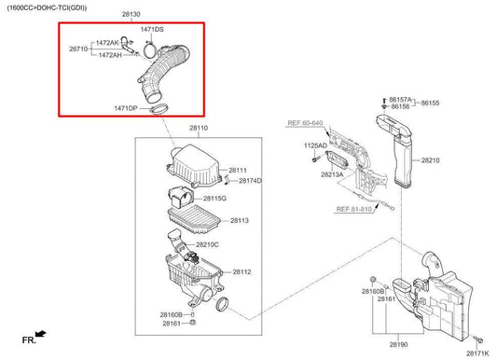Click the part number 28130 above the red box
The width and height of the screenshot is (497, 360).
coord(131,14)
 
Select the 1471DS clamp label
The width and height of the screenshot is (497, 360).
coord(152,30)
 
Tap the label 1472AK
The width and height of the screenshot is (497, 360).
coord(107,43)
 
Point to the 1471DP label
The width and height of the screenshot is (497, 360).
coord(126,108)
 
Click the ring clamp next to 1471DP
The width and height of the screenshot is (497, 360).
coord(159,109)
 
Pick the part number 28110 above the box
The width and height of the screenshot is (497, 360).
coord(199,128)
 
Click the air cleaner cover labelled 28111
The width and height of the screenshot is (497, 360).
coord(193,165)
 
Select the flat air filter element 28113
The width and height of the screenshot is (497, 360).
coord(194,219)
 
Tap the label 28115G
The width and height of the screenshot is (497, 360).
coord(214,199)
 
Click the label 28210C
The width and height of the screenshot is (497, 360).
coord(207,244)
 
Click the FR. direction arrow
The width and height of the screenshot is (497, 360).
coord(41,334)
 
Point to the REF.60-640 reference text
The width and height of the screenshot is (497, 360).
coord(305,123)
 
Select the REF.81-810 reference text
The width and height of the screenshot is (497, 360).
coord(353,209)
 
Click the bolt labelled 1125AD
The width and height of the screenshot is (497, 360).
coord(314,159)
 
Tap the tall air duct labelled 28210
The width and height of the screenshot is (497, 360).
coord(398,150)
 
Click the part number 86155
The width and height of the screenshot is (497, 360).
coord(430,103)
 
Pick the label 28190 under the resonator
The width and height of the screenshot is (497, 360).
coord(398,344)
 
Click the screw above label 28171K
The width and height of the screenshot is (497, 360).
coord(478,339)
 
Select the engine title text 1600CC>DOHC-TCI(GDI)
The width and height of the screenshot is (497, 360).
coord(47,7)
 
